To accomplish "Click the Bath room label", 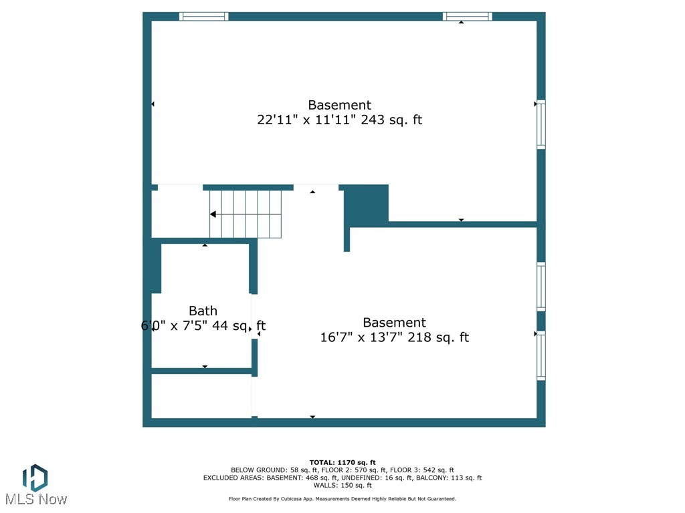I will point(203,311).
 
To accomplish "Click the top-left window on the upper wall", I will point(204,17).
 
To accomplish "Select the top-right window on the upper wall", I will point(467,17).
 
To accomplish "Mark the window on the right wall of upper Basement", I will point(541,124).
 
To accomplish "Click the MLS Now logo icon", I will point(35,478).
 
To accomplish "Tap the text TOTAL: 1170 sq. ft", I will point(342,462).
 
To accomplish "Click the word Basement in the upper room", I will point(339,105).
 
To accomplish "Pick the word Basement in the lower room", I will point(394,323).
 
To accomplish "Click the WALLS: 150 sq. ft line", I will point(342,486).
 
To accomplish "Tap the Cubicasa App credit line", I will point(342,499).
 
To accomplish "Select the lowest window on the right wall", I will point(541,356).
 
